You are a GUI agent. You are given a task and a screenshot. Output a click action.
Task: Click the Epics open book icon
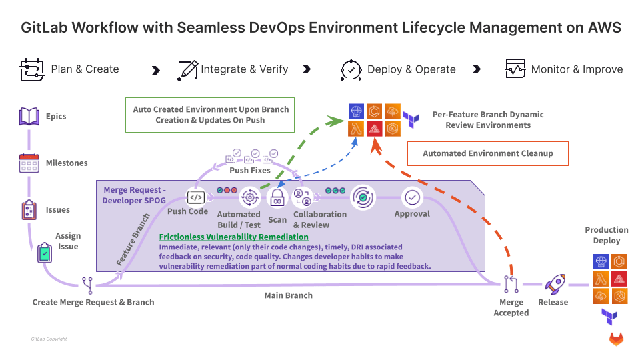29,116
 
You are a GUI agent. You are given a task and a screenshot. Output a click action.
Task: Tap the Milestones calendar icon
29,163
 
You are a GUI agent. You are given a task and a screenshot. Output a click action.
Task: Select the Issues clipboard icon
29,210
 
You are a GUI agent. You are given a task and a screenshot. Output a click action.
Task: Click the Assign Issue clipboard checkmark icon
45,252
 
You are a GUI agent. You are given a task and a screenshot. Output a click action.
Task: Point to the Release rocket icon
555,284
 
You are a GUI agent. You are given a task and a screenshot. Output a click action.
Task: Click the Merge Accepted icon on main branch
511,284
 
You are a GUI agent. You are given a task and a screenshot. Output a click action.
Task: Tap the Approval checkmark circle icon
412,197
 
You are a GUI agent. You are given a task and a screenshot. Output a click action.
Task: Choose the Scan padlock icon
277,197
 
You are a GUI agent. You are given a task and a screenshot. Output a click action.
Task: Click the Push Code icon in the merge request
196,197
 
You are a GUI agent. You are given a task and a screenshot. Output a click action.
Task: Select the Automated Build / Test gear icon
250,197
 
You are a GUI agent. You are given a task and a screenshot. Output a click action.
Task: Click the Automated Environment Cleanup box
488,153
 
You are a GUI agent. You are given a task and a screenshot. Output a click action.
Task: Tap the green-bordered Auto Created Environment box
210,115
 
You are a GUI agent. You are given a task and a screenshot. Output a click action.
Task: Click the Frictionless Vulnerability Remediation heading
234,237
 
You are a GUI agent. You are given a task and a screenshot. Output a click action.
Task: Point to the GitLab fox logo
616,339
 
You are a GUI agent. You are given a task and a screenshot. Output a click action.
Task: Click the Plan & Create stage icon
31,70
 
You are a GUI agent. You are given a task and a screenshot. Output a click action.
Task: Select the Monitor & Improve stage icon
515,68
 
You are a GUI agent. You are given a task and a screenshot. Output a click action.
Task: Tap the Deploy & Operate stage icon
351,70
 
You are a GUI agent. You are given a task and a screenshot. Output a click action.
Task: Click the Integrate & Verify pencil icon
188,70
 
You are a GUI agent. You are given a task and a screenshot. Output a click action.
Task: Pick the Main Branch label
289,295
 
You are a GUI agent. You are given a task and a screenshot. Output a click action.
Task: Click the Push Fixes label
250,170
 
